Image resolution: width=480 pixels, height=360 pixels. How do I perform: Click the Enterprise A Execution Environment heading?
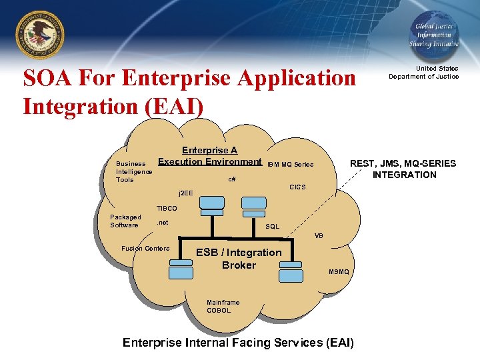210,156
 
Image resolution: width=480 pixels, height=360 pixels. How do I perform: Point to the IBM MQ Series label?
290,164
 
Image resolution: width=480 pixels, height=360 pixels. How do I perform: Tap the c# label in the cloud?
231,179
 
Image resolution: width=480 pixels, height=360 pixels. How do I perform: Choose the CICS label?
297,187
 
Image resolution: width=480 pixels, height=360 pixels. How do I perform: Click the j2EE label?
185,193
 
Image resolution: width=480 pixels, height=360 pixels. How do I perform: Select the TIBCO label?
166,209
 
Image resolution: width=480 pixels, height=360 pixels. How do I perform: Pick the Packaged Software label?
125,221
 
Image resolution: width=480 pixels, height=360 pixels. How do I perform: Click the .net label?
162,223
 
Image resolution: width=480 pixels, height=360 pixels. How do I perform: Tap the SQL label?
272,227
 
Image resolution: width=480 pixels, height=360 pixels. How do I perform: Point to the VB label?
319,236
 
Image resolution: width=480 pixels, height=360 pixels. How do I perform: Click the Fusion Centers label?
145,249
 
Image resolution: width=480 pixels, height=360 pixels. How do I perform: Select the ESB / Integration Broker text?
239,259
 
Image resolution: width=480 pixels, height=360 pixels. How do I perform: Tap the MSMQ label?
338,271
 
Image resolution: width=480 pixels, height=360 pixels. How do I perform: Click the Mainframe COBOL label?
223,306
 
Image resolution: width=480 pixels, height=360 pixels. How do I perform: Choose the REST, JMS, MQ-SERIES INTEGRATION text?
403,169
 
